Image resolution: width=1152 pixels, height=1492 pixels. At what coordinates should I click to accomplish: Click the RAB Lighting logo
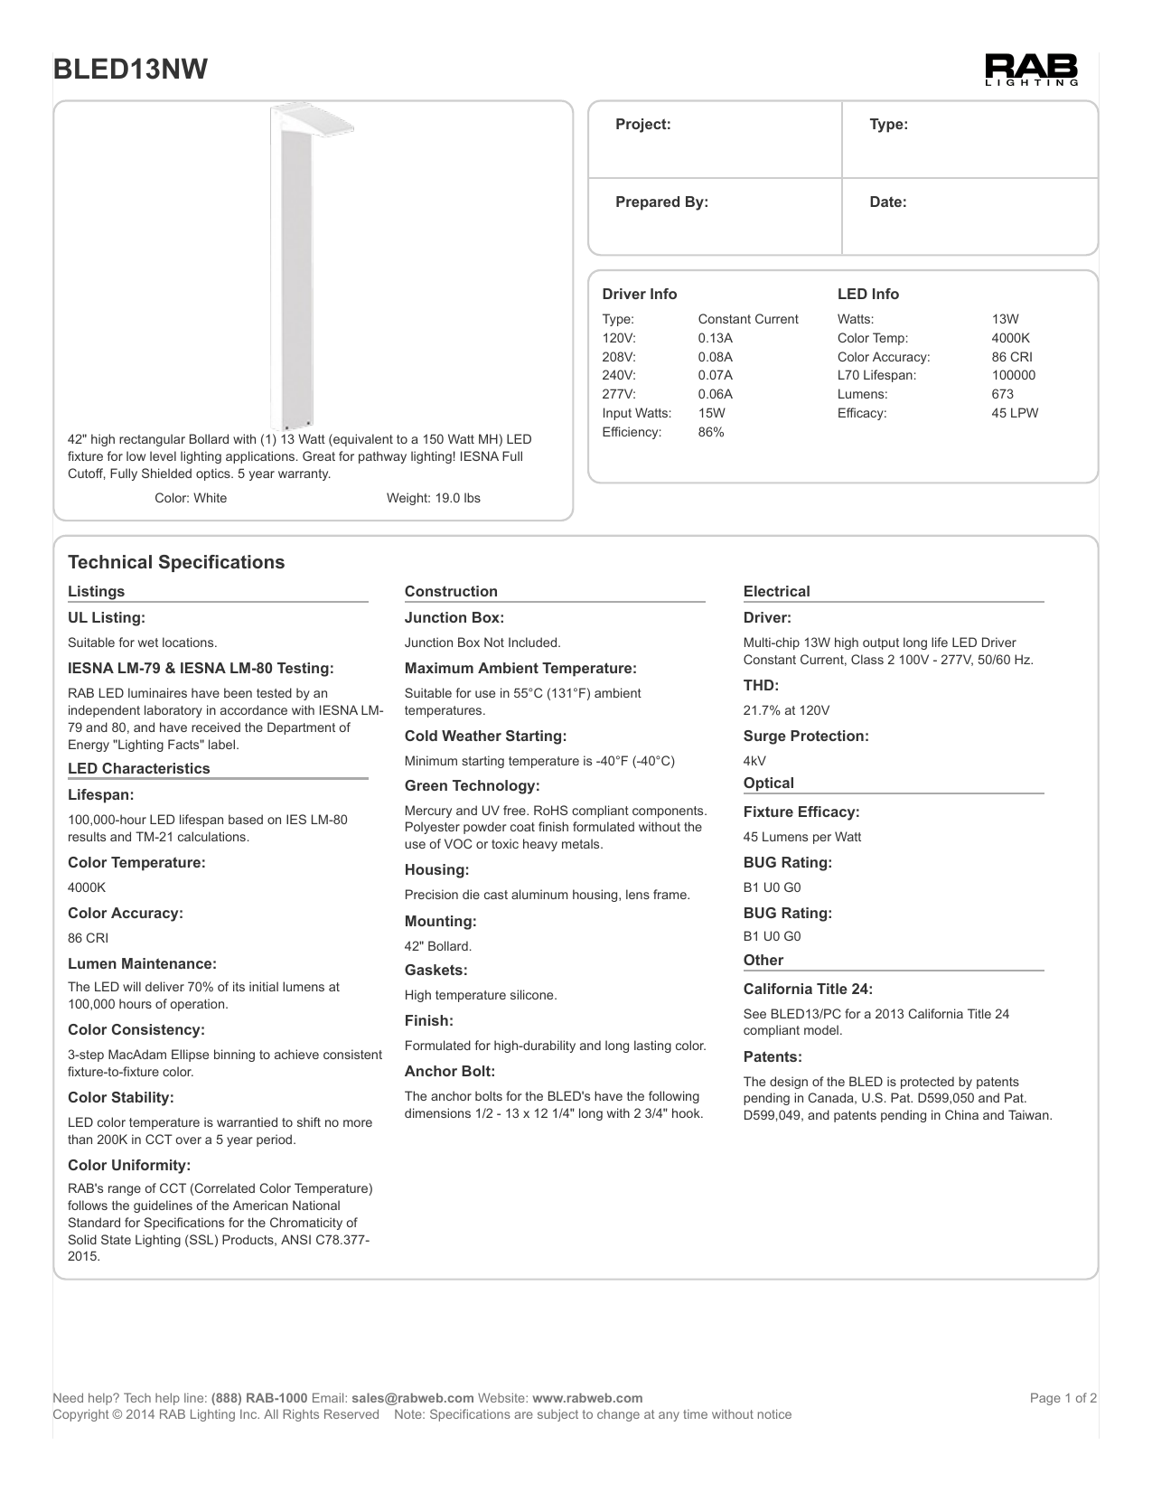(x=1031, y=70)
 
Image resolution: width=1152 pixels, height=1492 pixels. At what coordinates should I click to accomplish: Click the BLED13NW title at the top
(x=131, y=70)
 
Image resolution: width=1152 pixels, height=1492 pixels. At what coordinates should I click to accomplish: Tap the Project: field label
(x=642, y=125)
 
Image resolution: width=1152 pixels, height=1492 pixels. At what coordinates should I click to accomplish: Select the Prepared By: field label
(x=661, y=202)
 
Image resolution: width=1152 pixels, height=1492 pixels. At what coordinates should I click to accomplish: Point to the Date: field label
(x=887, y=202)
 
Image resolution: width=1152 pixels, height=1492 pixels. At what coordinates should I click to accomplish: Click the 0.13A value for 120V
(x=715, y=338)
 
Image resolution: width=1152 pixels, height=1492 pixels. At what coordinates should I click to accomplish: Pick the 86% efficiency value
(x=711, y=432)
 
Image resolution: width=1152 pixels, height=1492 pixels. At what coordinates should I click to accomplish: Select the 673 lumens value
(x=1002, y=394)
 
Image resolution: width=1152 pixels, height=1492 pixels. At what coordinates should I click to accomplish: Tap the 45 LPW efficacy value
(x=1015, y=413)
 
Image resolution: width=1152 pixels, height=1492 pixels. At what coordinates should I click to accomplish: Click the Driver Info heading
(x=639, y=294)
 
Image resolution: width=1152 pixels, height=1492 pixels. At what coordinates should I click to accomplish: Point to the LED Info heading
(x=867, y=294)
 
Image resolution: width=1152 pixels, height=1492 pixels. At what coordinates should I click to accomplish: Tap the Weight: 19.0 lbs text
(x=433, y=498)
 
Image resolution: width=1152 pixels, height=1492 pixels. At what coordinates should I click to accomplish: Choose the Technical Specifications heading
(x=176, y=562)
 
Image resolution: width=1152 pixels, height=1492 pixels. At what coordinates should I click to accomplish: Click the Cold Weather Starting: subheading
(x=485, y=736)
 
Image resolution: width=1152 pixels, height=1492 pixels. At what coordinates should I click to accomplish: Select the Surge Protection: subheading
(x=806, y=736)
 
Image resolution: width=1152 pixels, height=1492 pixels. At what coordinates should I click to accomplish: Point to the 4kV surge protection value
(x=754, y=761)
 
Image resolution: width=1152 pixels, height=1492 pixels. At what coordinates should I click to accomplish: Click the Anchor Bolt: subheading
(x=450, y=1071)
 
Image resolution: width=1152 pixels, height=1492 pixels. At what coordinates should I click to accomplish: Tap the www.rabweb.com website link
(x=587, y=1398)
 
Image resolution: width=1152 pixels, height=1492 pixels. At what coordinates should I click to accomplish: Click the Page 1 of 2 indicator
(x=1063, y=1398)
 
